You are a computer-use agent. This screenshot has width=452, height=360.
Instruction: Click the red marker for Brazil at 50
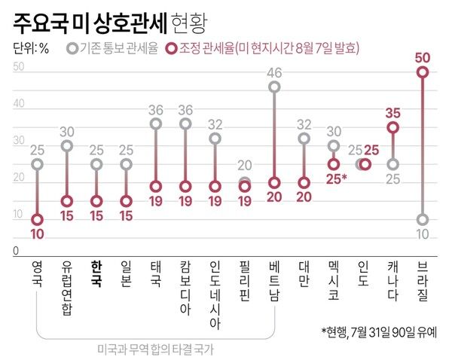pyautogui.click(x=423, y=72)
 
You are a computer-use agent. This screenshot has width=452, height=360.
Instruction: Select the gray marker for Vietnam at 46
pyautogui.click(x=275, y=87)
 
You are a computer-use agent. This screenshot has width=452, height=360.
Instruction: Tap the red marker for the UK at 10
pyautogui.click(x=38, y=219)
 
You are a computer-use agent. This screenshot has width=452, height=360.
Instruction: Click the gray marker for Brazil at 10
pyautogui.click(x=423, y=219)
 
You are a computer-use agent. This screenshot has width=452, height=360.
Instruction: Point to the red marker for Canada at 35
pyautogui.click(x=392, y=127)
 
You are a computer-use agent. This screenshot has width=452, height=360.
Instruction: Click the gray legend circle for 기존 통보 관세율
pyautogui.click(x=72, y=49)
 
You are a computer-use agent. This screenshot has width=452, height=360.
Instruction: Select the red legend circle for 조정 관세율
pyautogui.click(x=173, y=49)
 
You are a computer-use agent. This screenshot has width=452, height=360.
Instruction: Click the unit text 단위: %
pyautogui.click(x=32, y=49)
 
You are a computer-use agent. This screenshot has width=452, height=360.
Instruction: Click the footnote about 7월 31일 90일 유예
pyautogui.click(x=383, y=331)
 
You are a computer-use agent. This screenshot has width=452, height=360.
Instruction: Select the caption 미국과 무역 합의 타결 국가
pyautogui.click(x=156, y=349)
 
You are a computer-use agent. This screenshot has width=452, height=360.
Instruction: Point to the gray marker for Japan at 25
pyautogui.click(x=126, y=164)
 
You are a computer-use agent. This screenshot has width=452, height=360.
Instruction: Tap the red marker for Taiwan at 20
pyautogui.click(x=304, y=182)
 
